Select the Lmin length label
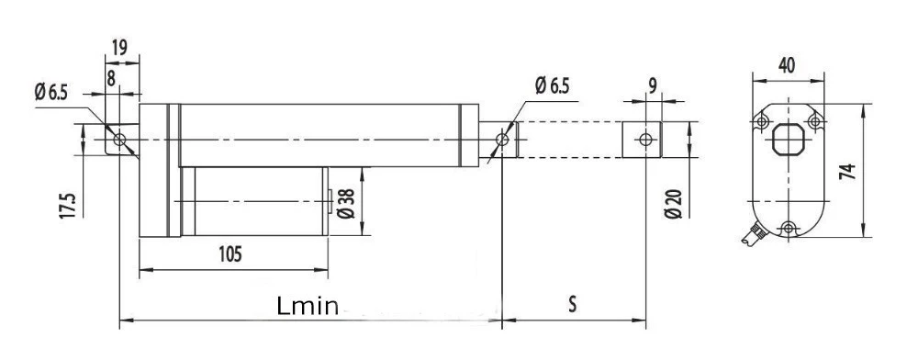click(x=308, y=306)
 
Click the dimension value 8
click(x=111, y=78)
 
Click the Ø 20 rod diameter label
click(x=673, y=203)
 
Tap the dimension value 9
click(x=651, y=86)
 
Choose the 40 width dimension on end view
click(x=787, y=65)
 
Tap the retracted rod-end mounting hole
click(x=501, y=140)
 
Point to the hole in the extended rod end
click(x=646, y=140)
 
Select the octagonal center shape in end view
click(x=788, y=144)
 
